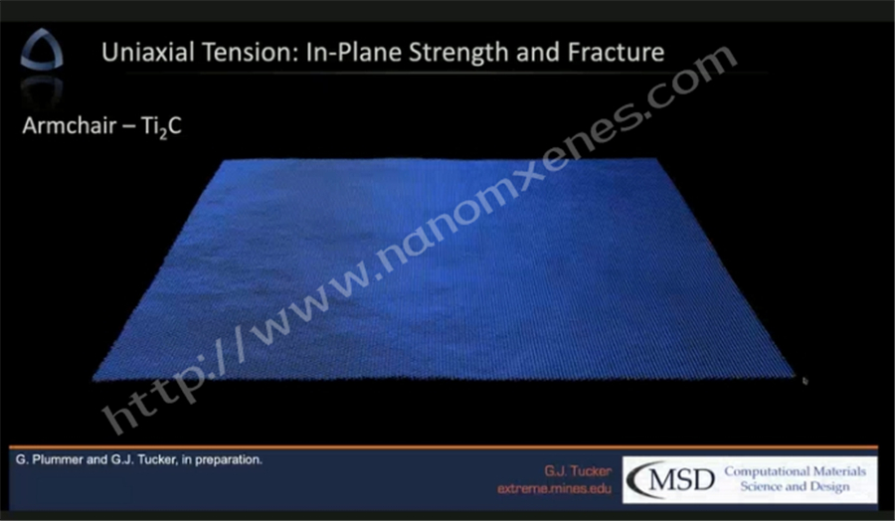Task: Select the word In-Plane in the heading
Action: click(x=354, y=54)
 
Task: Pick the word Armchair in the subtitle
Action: click(x=70, y=125)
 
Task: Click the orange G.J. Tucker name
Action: click(x=578, y=471)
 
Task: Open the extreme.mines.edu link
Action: click(x=554, y=489)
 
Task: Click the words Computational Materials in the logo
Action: click(x=796, y=472)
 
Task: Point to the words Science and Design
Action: click(x=796, y=487)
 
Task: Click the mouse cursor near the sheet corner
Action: click(x=805, y=381)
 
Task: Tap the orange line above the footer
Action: click(x=444, y=446)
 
